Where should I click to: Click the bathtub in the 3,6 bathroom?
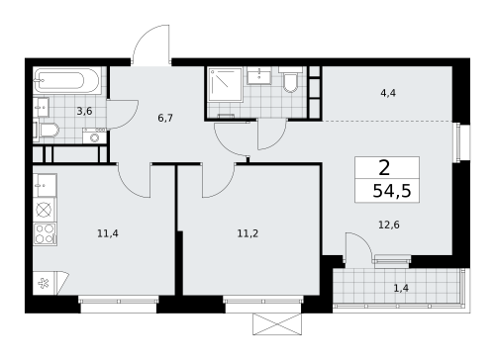pos(65,80)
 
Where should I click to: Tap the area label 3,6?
pos(84,111)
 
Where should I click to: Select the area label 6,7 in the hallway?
pos(164,117)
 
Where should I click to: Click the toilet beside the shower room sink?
pos(291,81)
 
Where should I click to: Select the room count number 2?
pos(383,167)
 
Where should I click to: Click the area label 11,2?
pos(247,234)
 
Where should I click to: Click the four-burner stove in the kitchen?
pos(45,233)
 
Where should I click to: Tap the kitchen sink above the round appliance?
pos(44,185)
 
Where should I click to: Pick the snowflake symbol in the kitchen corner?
pos(43,282)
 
